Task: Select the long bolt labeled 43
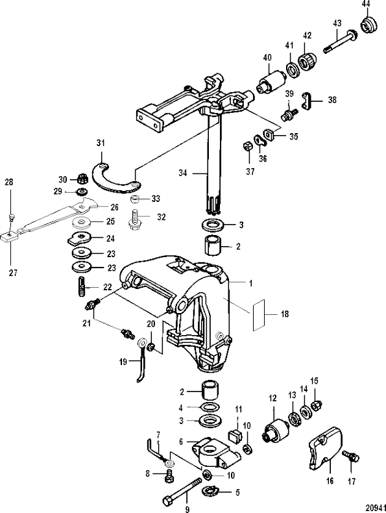(341, 40)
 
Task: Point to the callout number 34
(183, 173)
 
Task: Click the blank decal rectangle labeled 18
(260, 315)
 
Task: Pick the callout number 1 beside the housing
(250, 283)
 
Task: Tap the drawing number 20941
(375, 507)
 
